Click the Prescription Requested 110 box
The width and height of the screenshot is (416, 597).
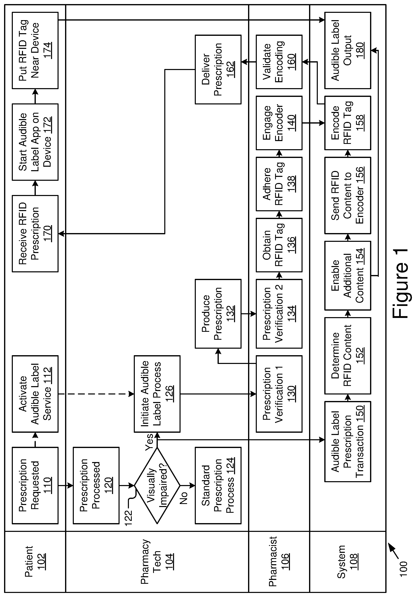35,485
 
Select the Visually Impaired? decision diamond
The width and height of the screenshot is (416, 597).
157,485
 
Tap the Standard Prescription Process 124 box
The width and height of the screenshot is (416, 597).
218,485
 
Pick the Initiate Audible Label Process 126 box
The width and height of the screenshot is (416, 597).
157,394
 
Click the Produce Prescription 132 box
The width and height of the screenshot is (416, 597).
218,314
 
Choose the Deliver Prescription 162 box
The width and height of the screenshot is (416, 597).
218,69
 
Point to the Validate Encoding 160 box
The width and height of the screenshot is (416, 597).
279,62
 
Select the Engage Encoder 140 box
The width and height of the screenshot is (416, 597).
279,123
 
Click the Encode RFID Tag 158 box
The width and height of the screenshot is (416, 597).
348,123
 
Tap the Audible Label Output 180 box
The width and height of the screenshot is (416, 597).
348,50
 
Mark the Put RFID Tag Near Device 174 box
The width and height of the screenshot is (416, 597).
35,50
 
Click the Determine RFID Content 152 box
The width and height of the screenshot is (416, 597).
348,356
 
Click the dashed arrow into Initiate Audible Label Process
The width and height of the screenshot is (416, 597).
96,394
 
